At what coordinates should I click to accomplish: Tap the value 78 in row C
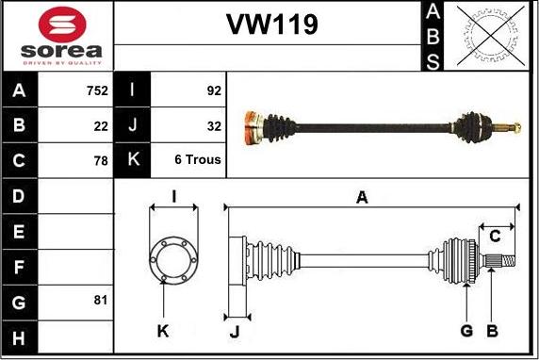[x=101, y=160]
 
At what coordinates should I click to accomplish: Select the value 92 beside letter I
[x=213, y=91]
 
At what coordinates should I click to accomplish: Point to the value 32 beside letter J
[x=213, y=125]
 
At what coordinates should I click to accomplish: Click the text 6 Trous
[x=198, y=160]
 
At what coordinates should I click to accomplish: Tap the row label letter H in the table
[x=20, y=336]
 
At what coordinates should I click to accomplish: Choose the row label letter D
[x=20, y=196]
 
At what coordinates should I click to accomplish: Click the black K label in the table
[x=132, y=160]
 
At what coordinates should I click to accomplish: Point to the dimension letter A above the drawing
[x=361, y=197]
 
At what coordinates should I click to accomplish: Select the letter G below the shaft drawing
[x=466, y=331]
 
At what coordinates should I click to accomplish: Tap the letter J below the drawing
[x=236, y=331]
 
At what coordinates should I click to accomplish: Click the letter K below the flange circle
[x=163, y=331]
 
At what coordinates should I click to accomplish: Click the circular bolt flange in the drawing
[x=172, y=256]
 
